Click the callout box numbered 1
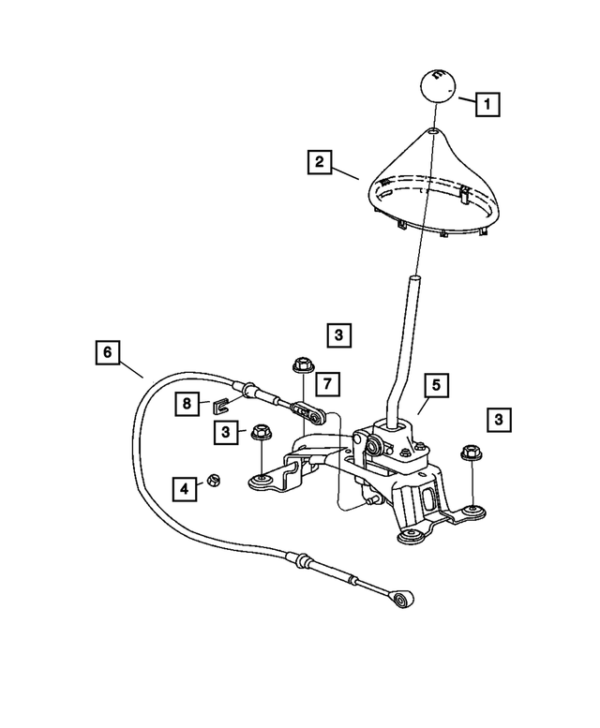click(x=487, y=102)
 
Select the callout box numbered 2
click(x=319, y=163)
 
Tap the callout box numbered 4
click(x=184, y=487)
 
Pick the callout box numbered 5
click(x=435, y=383)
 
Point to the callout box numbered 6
click(x=108, y=352)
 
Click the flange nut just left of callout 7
click(x=302, y=364)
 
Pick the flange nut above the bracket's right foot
click(x=470, y=454)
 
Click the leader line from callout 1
click(x=466, y=97)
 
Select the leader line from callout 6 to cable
click(x=131, y=366)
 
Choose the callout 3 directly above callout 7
click(x=339, y=334)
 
